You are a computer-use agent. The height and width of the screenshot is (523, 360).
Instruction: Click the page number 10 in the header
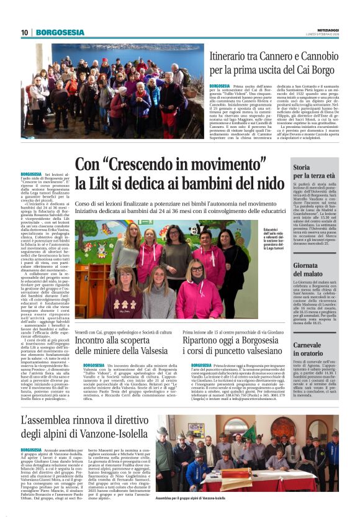25,32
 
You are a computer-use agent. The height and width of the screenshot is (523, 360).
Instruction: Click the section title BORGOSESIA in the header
60,32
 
